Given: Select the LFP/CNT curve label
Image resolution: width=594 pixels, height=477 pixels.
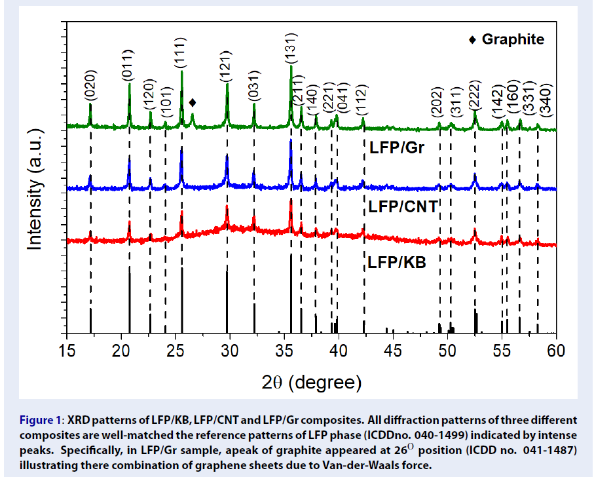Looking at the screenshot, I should pos(402,207).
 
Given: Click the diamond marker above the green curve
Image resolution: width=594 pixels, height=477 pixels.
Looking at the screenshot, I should pos(193,102).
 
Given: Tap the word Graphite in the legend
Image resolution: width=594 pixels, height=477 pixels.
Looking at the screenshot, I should pos(513,39).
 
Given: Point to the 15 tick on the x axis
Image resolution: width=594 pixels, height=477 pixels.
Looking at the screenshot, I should pos(67,351).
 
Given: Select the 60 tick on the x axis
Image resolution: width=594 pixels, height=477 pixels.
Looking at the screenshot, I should pos(556,351).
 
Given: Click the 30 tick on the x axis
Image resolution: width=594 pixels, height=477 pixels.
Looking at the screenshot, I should pos(230,351).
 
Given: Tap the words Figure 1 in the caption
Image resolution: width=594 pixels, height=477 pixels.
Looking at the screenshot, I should pos(40,419).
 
